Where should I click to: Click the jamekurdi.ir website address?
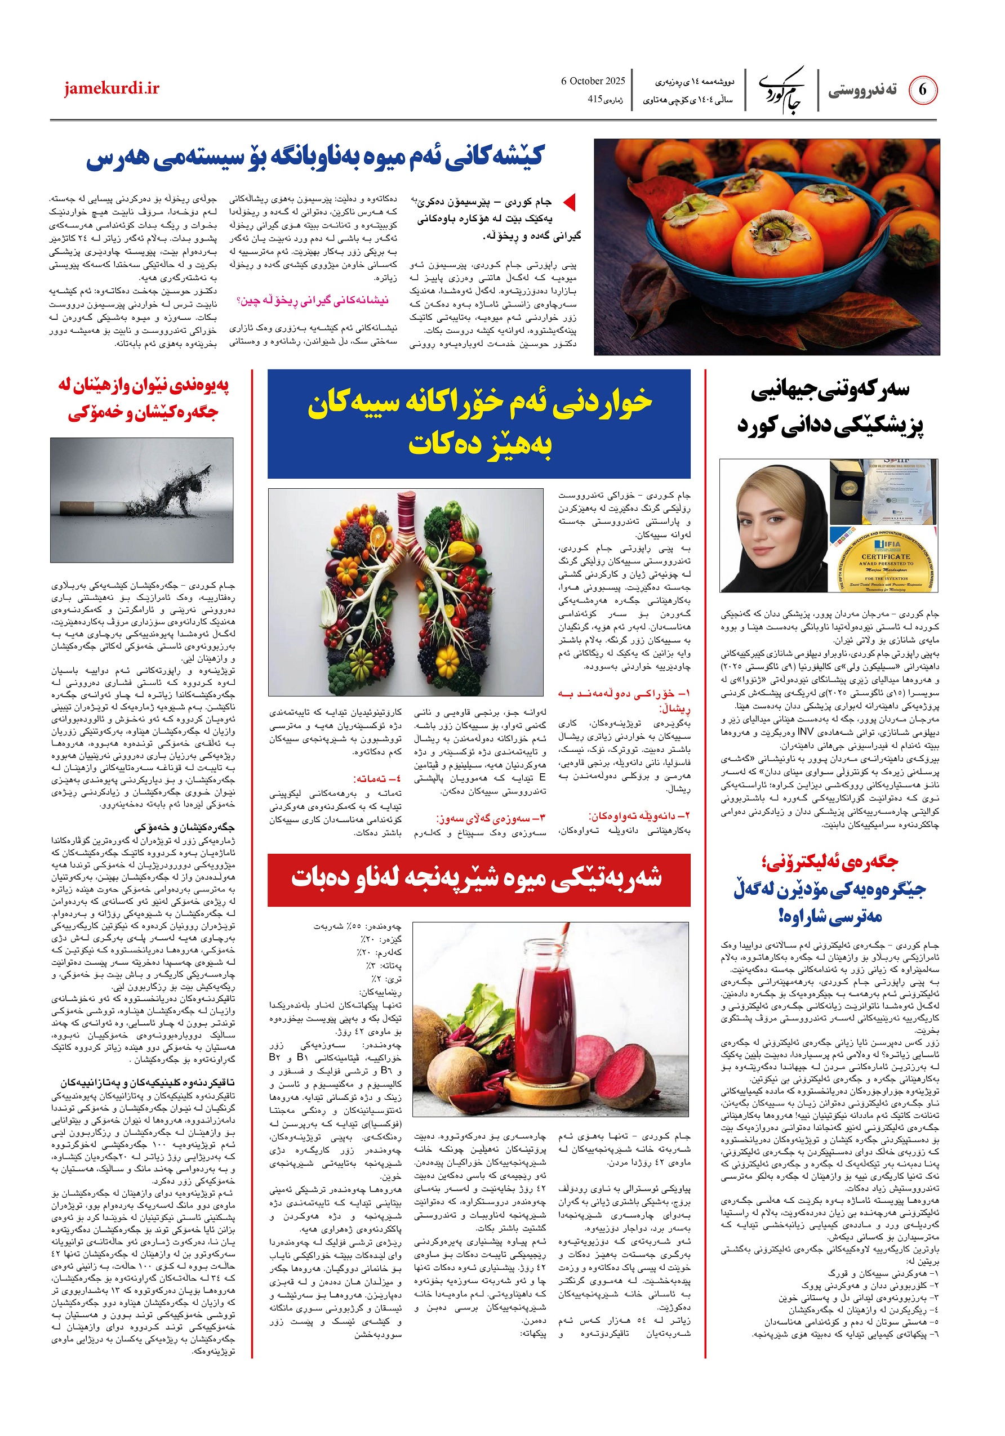coord(112,88)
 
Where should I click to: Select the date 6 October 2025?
coord(593,81)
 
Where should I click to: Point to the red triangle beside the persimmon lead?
coord(569,202)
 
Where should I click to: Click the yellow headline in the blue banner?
coord(479,423)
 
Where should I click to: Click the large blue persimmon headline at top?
coord(315,158)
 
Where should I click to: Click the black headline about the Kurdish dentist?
coord(830,407)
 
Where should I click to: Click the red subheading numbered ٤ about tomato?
coord(378,779)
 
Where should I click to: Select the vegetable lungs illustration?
coord(405,592)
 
